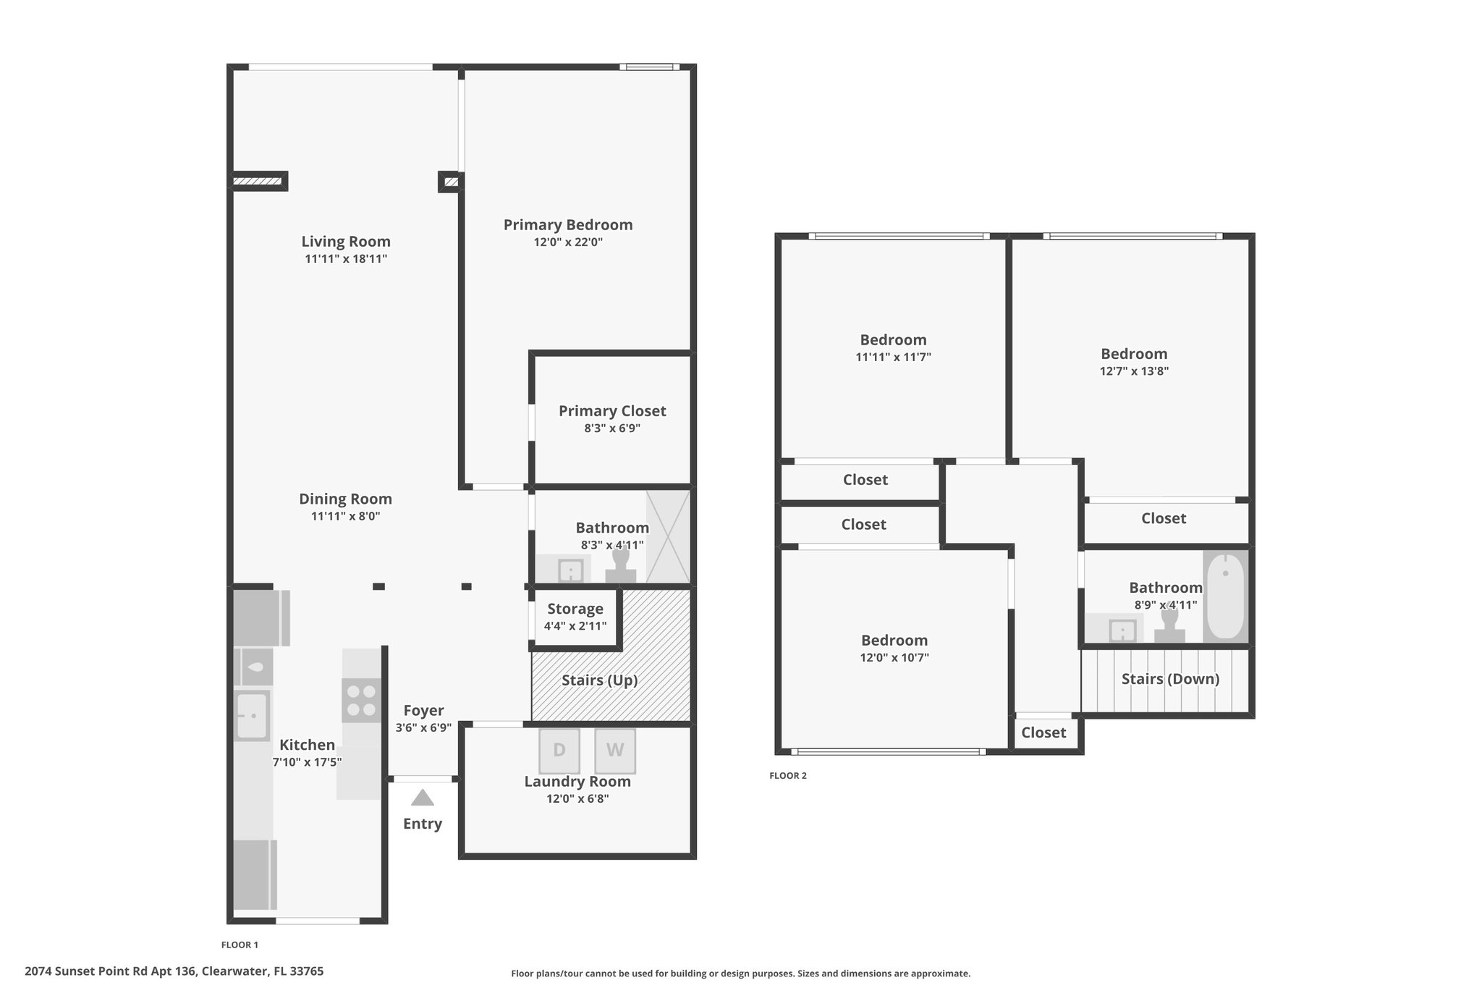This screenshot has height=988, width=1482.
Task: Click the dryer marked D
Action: [559, 751]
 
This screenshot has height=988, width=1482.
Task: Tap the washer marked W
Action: [615, 751]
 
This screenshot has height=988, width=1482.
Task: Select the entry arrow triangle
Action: [423, 798]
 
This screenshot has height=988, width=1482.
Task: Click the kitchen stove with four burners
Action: [361, 700]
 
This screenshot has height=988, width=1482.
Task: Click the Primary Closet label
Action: [612, 411]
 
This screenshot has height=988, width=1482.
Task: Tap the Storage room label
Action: [575, 609]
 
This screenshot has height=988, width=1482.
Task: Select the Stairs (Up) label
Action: [600, 680]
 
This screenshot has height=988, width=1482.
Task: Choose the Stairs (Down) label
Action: [1170, 679]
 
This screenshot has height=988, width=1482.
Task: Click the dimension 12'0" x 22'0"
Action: [568, 242]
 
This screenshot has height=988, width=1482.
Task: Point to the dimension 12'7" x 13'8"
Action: [1134, 371]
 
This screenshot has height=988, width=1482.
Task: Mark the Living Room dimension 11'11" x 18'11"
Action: [346, 259]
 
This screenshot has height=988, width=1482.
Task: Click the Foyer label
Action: [423, 711]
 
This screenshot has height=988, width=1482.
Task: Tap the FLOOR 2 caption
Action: [787, 776]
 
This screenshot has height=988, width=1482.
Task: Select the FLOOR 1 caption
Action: [240, 945]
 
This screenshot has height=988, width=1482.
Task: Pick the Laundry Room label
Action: [577, 782]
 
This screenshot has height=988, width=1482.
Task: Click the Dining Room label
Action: [345, 499]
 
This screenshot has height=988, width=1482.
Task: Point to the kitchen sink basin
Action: [252, 716]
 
